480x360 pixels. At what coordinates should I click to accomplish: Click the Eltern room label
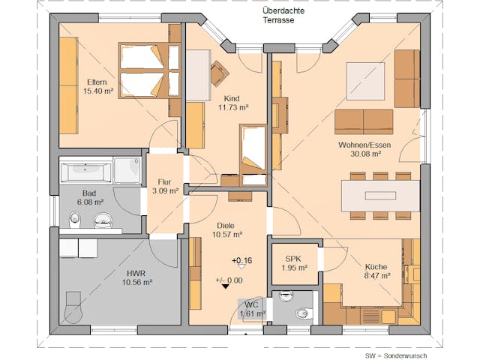coord(97,85)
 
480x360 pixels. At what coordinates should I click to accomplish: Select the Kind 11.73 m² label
coord(232,103)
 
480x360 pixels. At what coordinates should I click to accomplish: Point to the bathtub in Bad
coord(87,172)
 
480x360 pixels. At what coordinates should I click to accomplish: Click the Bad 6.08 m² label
coord(90,196)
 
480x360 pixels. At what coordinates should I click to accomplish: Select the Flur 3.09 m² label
coord(165,186)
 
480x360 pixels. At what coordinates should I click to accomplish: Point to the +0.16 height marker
coord(241,261)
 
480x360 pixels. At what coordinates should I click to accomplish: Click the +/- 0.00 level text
coord(229,280)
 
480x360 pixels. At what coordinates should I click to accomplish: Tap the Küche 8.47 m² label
coord(376,271)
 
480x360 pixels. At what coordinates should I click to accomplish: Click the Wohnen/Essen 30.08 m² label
coord(359,148)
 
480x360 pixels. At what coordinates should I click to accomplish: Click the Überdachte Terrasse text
coord(278,16)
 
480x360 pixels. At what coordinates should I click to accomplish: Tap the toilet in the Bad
coord(75,218)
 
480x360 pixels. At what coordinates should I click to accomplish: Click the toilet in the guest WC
coord(303,313)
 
